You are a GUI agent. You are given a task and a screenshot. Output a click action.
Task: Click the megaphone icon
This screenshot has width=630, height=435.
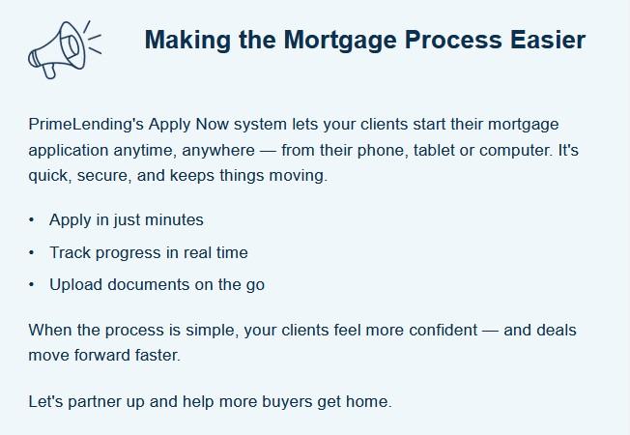tap(65, 49)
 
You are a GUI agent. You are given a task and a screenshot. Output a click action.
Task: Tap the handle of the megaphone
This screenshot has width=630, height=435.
tap(49, 71)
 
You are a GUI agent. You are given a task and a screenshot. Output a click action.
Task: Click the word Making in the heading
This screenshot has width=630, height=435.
tap(187, 41)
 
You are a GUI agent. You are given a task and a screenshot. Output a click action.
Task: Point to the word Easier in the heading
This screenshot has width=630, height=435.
tap(548, 40)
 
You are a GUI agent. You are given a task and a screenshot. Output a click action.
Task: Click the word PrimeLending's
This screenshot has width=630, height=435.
tap(86, 125)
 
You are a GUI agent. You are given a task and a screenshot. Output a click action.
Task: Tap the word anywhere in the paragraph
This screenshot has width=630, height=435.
tap(218, 151)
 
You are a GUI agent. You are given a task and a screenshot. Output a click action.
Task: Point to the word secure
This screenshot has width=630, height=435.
tap(104, 176)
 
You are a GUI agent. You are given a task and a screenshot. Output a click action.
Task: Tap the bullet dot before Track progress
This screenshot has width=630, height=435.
tap(32, 253)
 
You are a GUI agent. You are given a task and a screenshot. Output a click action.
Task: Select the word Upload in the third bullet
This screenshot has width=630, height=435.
tap(75, 285)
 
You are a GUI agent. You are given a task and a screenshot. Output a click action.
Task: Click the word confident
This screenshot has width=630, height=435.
tap(444, 330)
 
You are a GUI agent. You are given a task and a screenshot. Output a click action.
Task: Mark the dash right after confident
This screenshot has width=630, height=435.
tap(490, 331)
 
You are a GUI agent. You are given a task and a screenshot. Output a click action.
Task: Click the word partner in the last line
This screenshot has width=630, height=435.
tap(95, 402)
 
